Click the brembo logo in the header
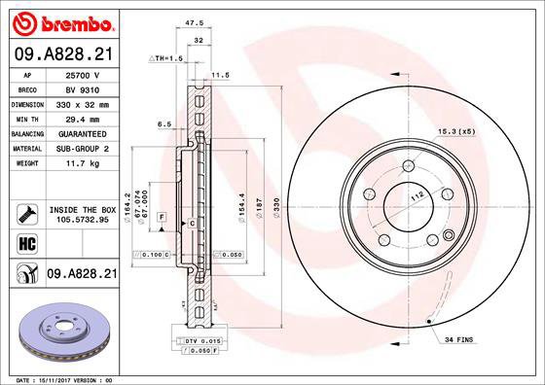coord(60,20)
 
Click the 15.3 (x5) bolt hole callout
coord(482,130)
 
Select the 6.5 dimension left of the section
coord(164,123)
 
